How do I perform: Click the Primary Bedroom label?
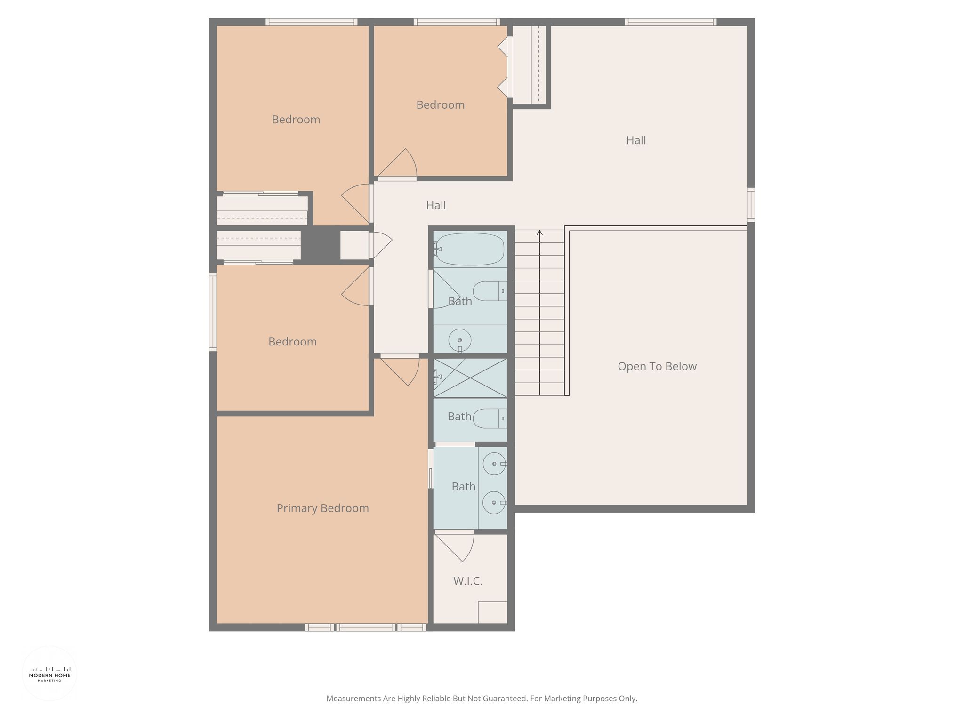coord(322,508)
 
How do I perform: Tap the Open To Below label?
coord(657,366)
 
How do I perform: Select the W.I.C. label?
coord(468,581)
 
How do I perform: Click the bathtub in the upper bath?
coord(469,249)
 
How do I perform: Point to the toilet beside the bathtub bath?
coord(490,291)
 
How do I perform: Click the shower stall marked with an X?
coord(470,378)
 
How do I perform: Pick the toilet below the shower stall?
coord(490,418)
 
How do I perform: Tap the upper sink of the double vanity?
coord(495,464)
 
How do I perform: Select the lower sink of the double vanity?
coord(495,503)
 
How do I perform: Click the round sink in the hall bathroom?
coord(460,340)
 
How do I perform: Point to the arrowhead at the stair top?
coord(539,233)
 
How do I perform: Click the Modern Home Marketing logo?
coord(49,674)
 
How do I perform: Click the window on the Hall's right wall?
coord(751,205)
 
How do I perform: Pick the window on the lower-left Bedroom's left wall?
coord(213,312)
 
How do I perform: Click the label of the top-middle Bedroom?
coord(441,105)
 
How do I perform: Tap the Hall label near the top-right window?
coord(636,140)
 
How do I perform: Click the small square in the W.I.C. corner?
coord(493,612)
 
